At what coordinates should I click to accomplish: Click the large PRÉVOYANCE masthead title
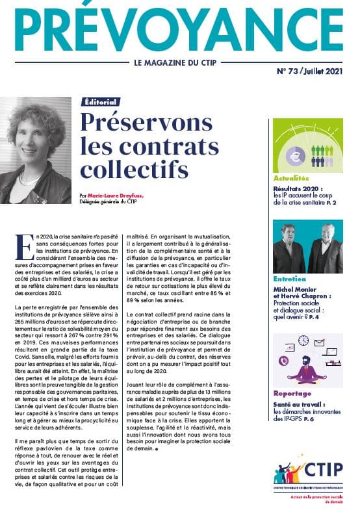(x=179, y=29)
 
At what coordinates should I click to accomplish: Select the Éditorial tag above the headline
(x=101, y=102)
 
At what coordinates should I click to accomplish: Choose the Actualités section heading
(x=291, y=177)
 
